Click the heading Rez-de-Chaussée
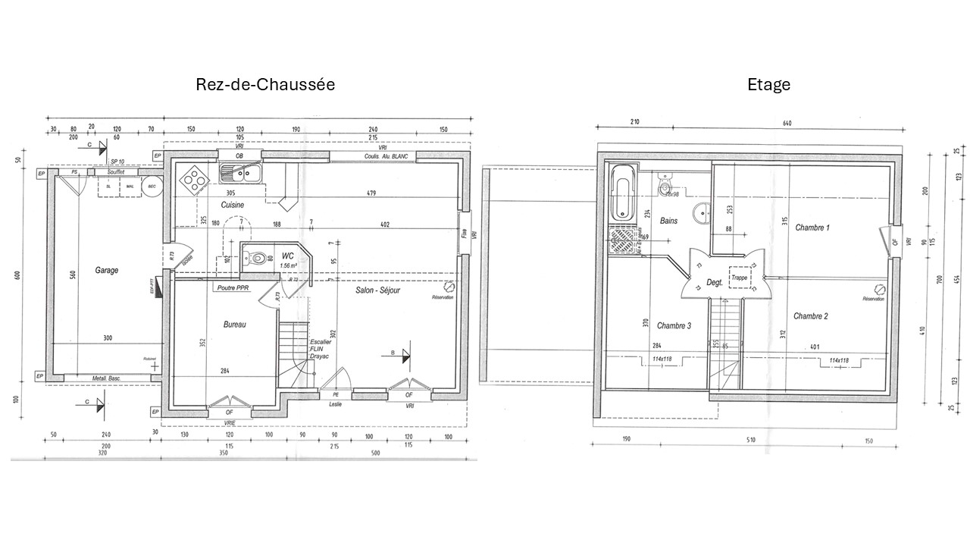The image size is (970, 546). (265, 84)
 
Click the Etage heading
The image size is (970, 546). (769, 84)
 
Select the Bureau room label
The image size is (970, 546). (235, 324)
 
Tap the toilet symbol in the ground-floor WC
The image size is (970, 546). (255, 256)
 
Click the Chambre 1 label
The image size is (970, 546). (812, 227)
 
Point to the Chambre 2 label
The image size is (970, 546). (810, 315)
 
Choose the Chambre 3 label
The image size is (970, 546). (674, 326)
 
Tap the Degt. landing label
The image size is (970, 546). (714, 282)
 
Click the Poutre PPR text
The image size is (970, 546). (233, 288)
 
